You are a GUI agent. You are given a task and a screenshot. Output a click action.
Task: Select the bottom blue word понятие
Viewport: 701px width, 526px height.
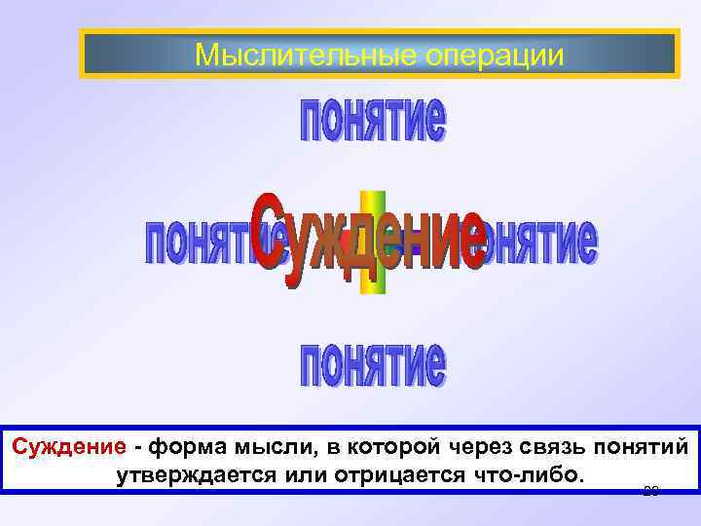point(373,364)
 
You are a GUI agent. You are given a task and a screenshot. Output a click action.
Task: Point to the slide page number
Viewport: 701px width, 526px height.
point(652,490)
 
